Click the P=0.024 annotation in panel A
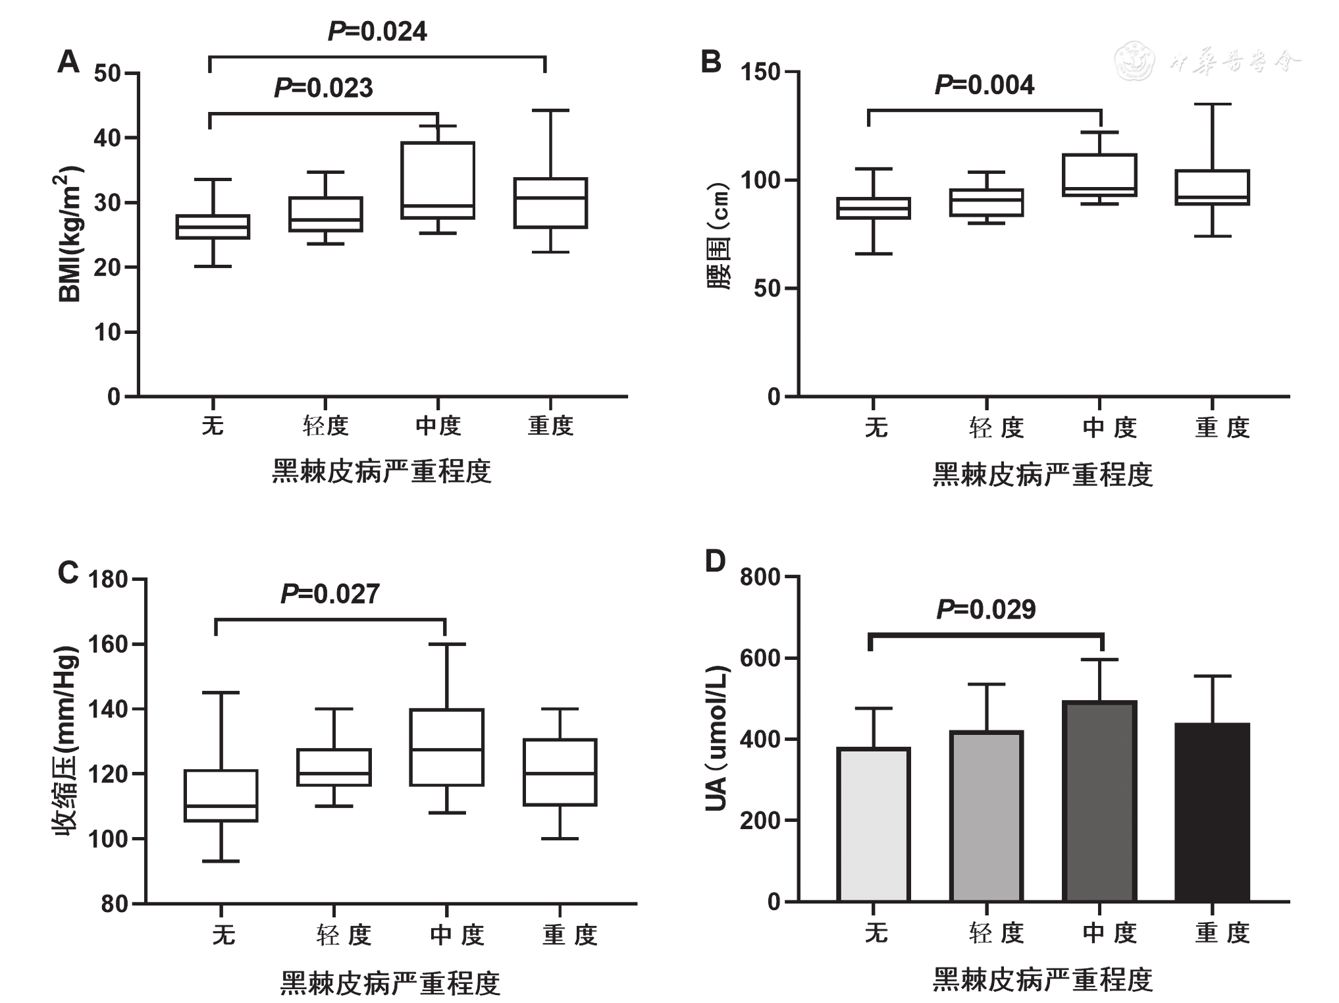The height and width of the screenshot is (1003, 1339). click(377, 31)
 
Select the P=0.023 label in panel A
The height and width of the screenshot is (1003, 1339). click(323, 88)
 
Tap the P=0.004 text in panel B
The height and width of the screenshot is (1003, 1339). click(984, 85)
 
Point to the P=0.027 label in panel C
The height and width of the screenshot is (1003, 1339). click(330, 593)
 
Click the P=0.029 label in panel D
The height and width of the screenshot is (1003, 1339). click(985, 609)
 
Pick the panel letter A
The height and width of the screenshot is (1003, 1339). click(68, 62)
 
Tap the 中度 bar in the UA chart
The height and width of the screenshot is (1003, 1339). click(1099, 801)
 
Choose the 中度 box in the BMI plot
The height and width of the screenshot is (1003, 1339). click(438, 180)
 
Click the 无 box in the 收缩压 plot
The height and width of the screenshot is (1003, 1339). click(221, 795)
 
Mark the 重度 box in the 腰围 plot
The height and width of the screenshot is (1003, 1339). click(1212, 188)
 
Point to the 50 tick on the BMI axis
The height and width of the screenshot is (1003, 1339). click(107, 73)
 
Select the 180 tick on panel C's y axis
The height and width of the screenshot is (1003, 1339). click(107, 580)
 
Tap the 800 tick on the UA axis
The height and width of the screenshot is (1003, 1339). click(760, 577)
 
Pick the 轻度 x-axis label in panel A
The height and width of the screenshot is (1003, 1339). click(325, 426)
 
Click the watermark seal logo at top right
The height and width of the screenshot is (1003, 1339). click(1134, 61)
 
